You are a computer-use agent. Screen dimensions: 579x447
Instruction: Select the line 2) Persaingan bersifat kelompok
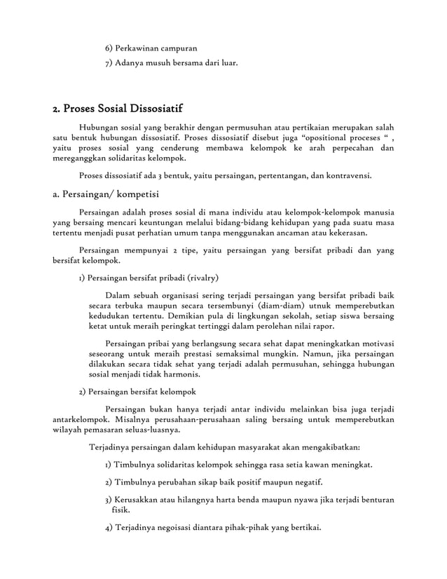click(x=137, y=391)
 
